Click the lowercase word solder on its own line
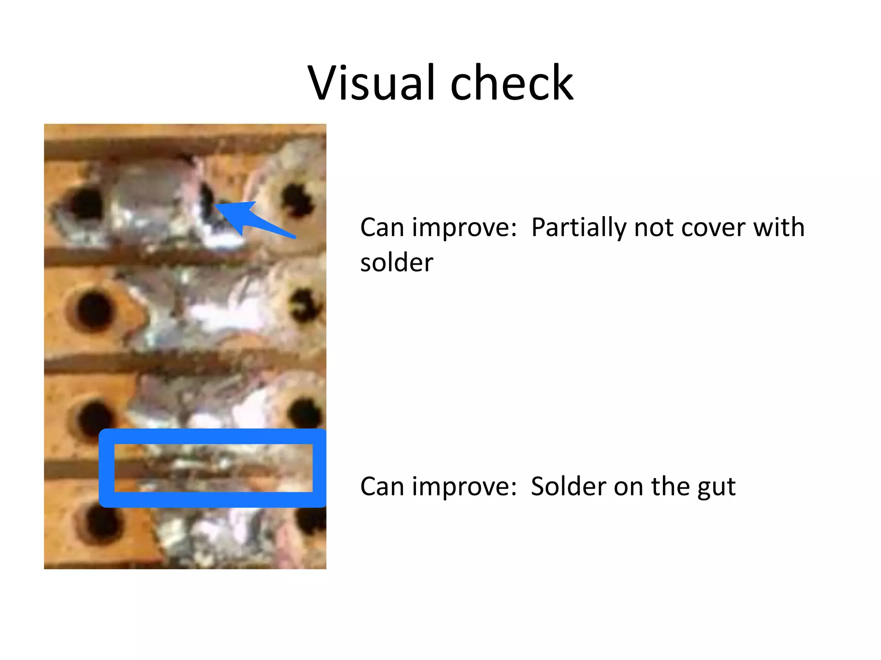point(397,263)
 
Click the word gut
point(716,487)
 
